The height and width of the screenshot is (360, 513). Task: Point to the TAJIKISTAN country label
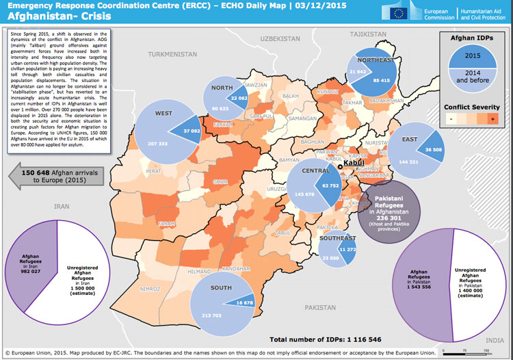[x=368, y=34]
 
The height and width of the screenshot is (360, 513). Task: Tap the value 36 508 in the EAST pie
[x=434, y=149]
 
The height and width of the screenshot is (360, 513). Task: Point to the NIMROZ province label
[x=150, y=290]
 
